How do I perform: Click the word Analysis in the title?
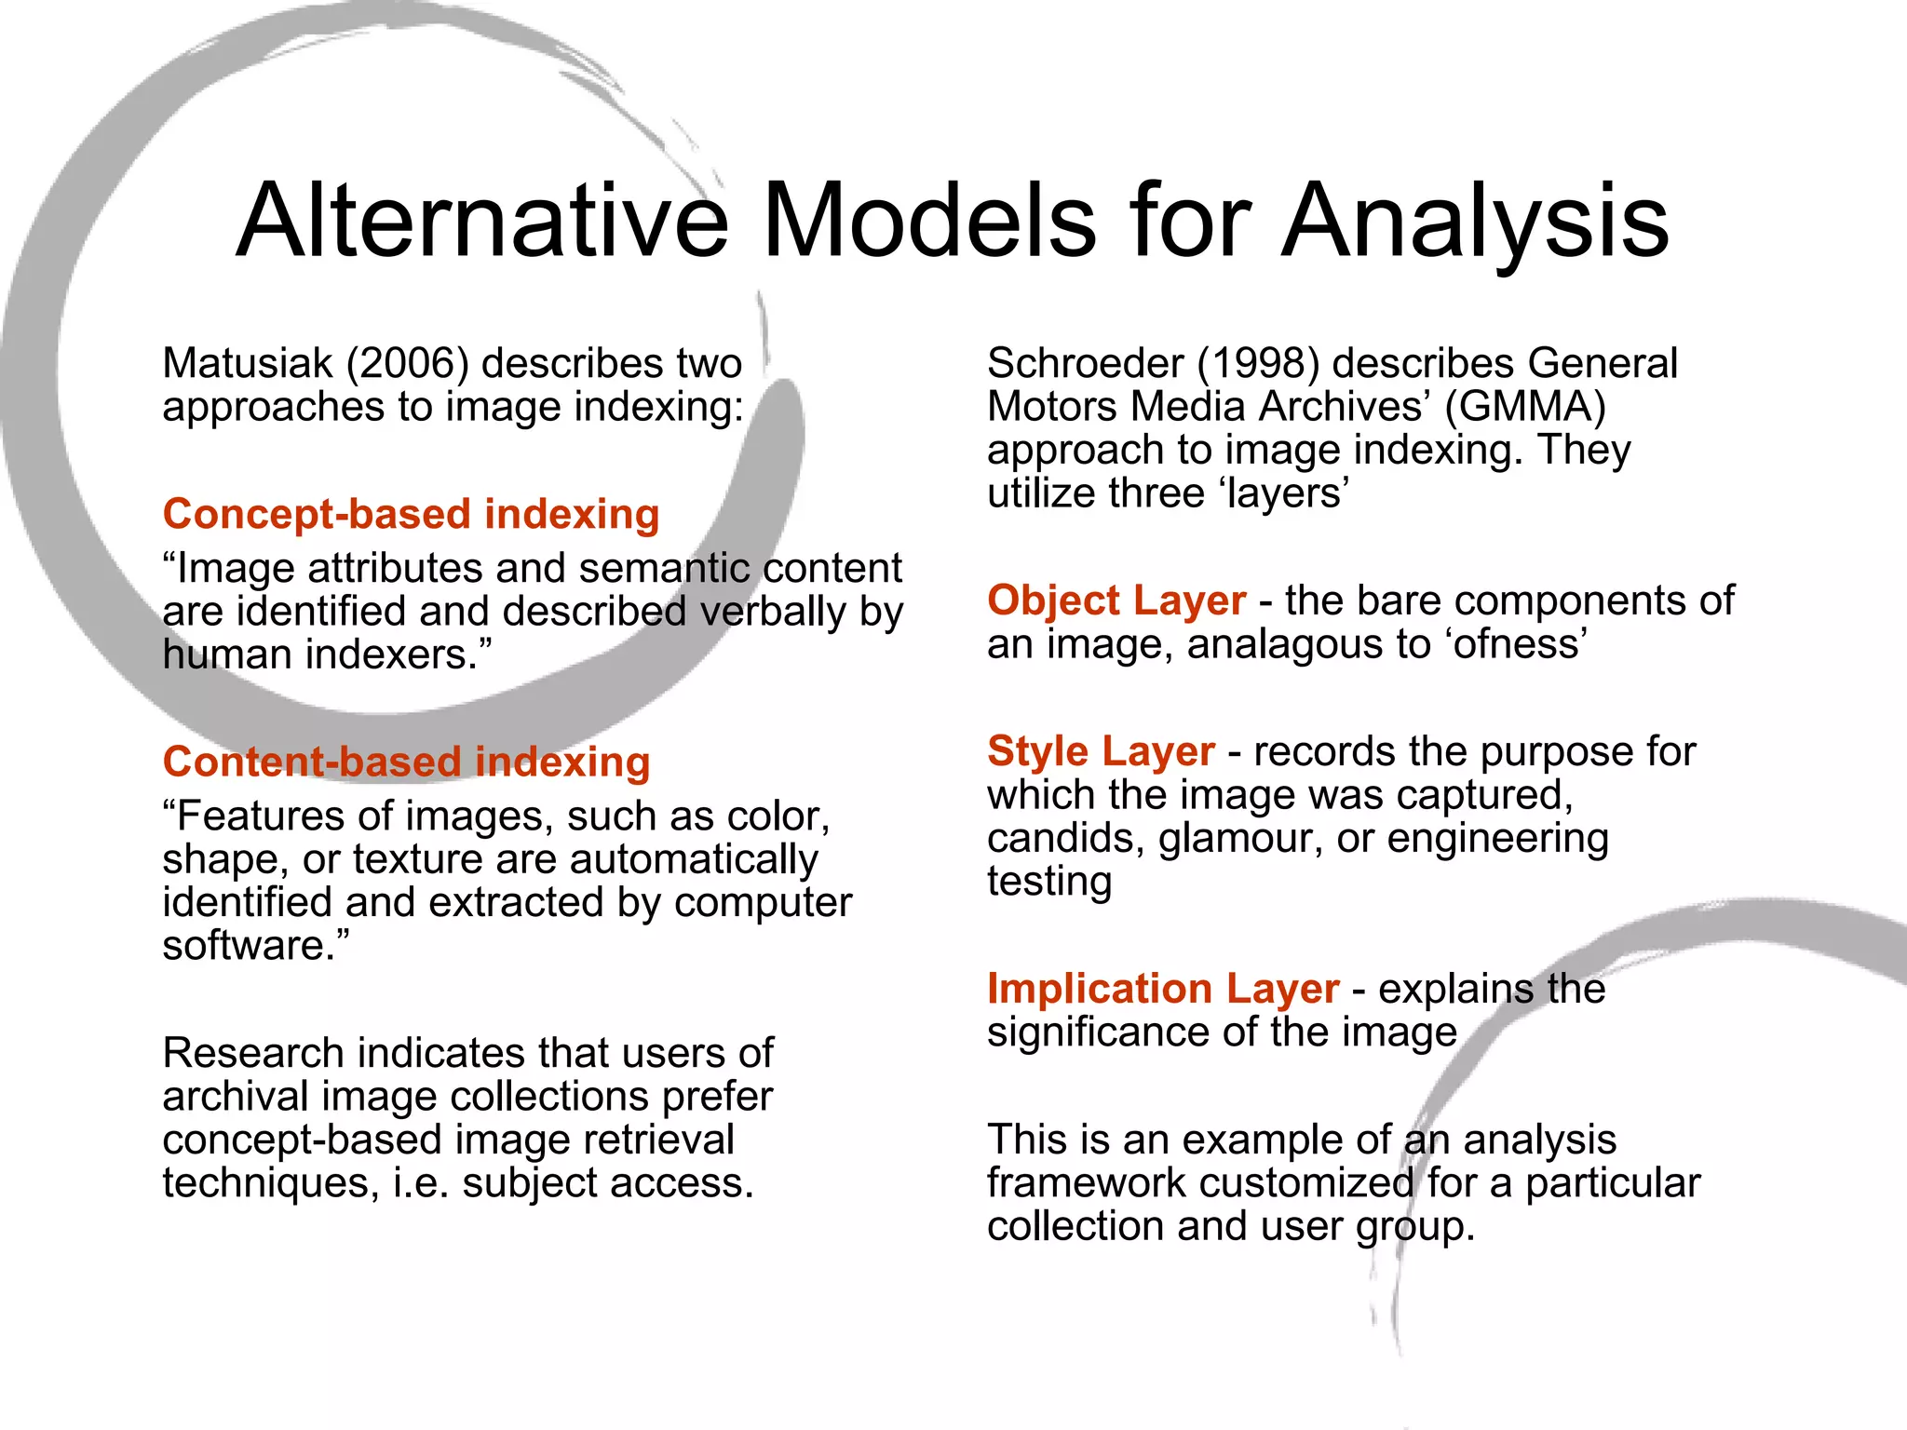1475,222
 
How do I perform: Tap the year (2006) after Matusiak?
407,363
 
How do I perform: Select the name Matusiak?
247,363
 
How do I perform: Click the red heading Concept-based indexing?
411,514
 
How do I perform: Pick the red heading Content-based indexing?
406,762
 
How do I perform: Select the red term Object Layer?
1116,600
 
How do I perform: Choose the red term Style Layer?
1101,751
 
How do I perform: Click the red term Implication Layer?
1163,989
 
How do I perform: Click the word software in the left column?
243,946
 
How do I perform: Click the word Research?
253,1053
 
